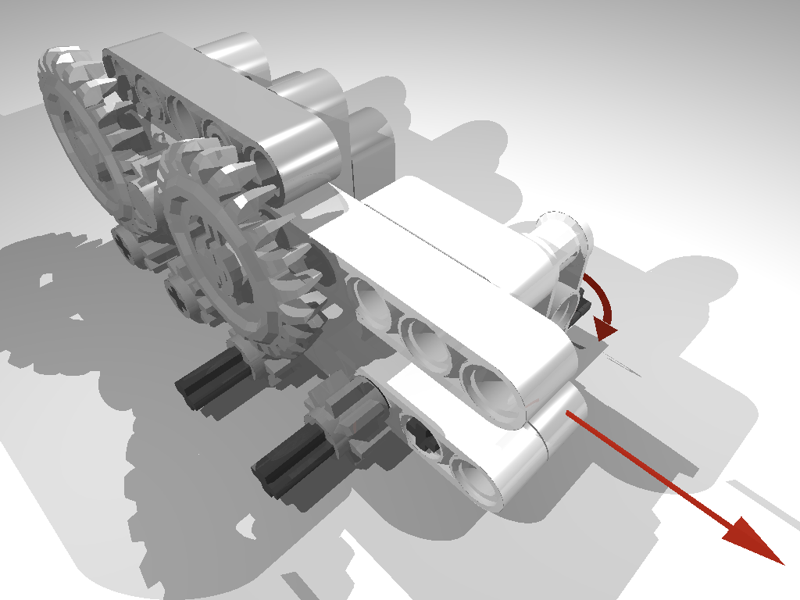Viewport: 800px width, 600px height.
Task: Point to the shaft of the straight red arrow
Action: pos(648,469)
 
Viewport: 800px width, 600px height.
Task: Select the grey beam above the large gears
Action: pos(211,109)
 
